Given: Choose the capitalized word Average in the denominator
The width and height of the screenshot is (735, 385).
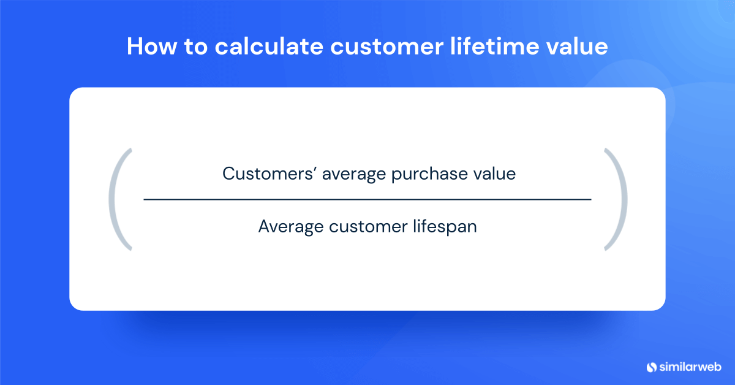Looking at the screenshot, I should tap(290, 226).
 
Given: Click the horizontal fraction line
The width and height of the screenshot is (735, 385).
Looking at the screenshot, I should tap(367, 200).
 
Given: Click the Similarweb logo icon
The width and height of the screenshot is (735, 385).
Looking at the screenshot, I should tap(651, 367).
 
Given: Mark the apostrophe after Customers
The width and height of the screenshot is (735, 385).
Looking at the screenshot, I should tap(315, 169).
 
